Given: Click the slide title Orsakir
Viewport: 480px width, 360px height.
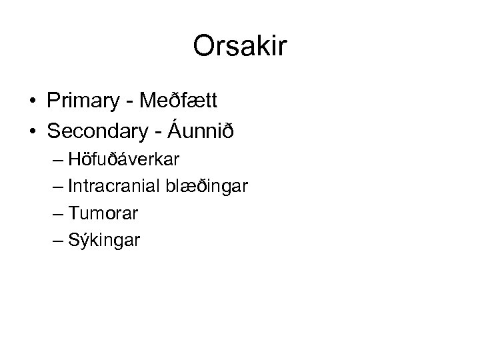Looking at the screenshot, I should pyautogui.click(x=240, y=46).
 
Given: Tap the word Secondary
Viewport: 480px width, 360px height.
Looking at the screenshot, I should pyautogui.click(x=98, y=132).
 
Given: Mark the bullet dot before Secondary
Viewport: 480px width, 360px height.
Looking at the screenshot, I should pyautogui.click(x=32, y=133).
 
